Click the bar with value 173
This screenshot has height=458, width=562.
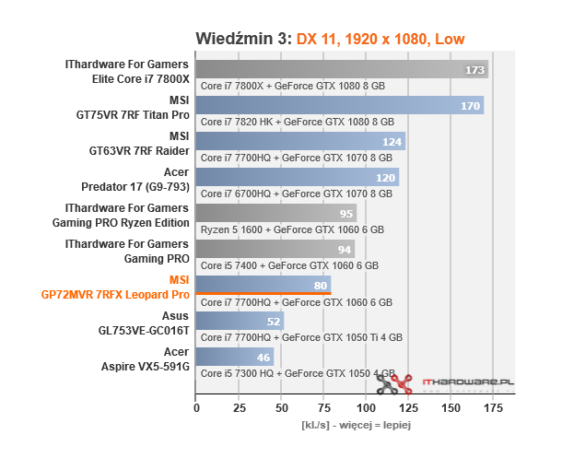tap(341, 70)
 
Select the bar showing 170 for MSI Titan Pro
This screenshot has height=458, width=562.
tap(339, 106)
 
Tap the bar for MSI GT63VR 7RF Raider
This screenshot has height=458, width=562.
tap(300, 142)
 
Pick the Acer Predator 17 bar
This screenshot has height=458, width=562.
tap(297, 178)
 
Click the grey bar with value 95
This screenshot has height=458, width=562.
tap(275, 214)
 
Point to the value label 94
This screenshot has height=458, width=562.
tap(342, 250)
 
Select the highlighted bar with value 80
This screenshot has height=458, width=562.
tap(263, 285)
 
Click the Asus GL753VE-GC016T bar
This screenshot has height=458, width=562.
tap(240, 321)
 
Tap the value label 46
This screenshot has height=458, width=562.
tap(263, 357)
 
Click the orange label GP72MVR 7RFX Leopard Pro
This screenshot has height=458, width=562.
tap(115, 295)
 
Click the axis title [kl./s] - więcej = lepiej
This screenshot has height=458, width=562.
tap(356, 426)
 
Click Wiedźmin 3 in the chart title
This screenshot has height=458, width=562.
tap(243, 37)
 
